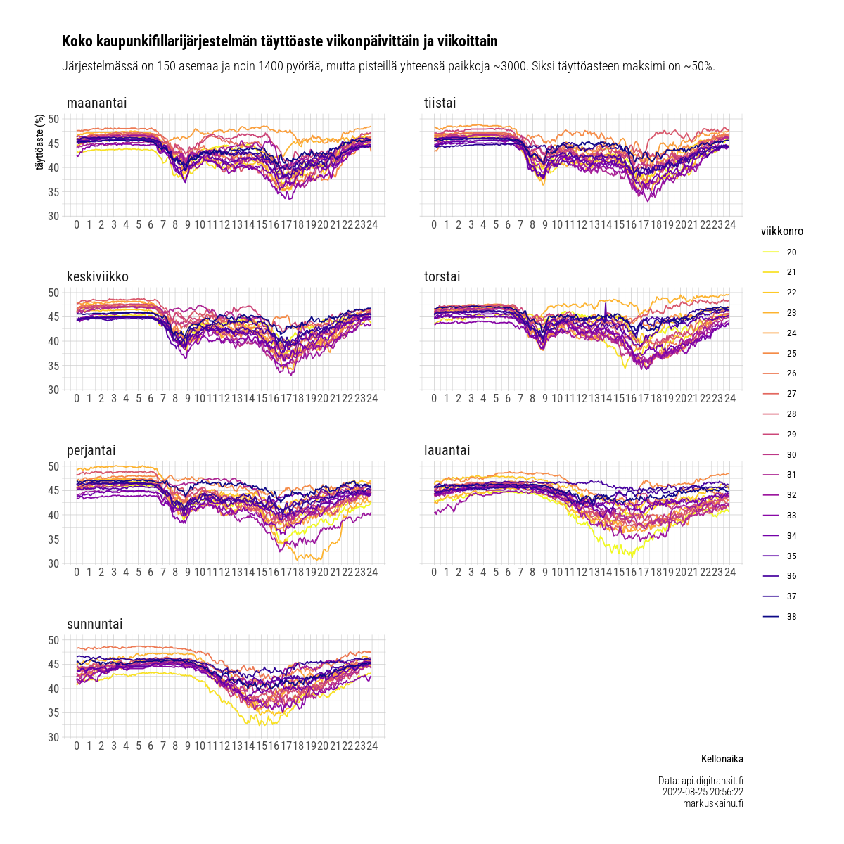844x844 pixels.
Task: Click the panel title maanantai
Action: pos(96,103)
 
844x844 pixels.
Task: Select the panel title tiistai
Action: pos(440,103)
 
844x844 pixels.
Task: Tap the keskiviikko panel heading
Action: pos(97,277)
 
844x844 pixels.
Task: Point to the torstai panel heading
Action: pos(442,277)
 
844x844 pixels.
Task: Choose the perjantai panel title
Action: pos(91,451)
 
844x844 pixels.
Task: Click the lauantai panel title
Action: pos(447,451)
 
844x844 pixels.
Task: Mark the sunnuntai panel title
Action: pos(94,625)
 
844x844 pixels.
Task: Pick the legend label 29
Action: pos(791,435)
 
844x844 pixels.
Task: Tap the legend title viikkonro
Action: pos(781,231)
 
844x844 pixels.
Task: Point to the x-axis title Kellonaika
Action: pos(722,760)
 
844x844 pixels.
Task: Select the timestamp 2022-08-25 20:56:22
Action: pos(703,792)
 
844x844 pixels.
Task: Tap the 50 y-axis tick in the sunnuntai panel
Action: pos(53,640)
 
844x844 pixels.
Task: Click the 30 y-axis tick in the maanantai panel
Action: pos(53,216)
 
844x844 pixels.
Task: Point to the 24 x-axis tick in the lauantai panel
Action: pos(729,573)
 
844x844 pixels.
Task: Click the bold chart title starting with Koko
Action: pos(279,42)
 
